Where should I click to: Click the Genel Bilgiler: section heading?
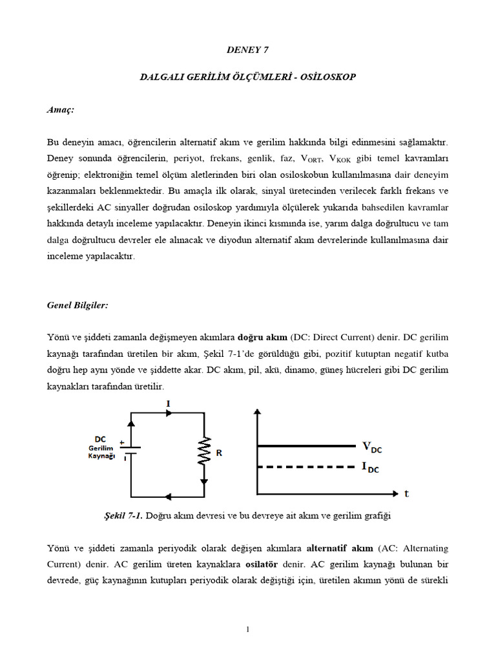(x=76, y=304)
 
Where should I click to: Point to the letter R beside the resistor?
(x=219, y=454)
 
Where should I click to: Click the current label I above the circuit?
(x=168, y=403)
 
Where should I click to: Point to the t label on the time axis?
(x=407, y=493)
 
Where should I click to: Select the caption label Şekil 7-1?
(x=123, y=516)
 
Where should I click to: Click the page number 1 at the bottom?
(x=247, y=630)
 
